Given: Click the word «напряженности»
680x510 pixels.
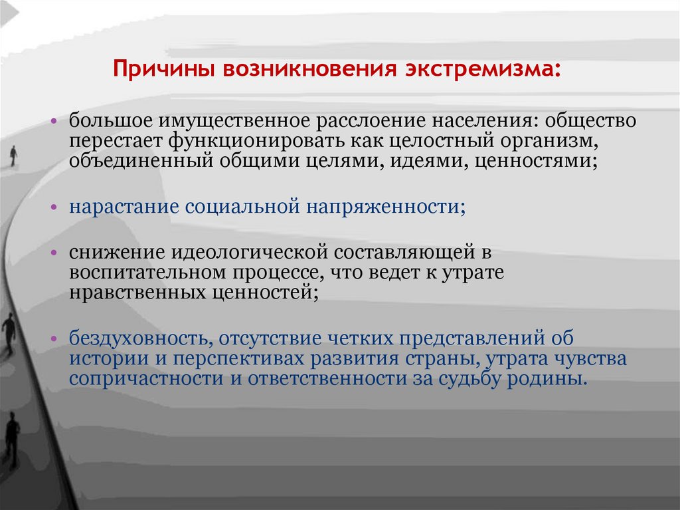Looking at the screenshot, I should [385, 207].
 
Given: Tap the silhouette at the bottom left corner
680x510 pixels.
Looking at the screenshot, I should [12, 439].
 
